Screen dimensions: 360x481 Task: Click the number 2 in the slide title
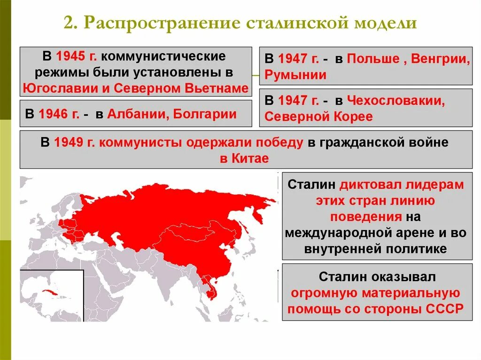pos(69,23)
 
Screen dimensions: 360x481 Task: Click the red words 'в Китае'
pos(244,158)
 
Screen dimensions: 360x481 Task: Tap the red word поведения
pos(365,217)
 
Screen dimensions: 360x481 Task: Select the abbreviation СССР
pos(445,308)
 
